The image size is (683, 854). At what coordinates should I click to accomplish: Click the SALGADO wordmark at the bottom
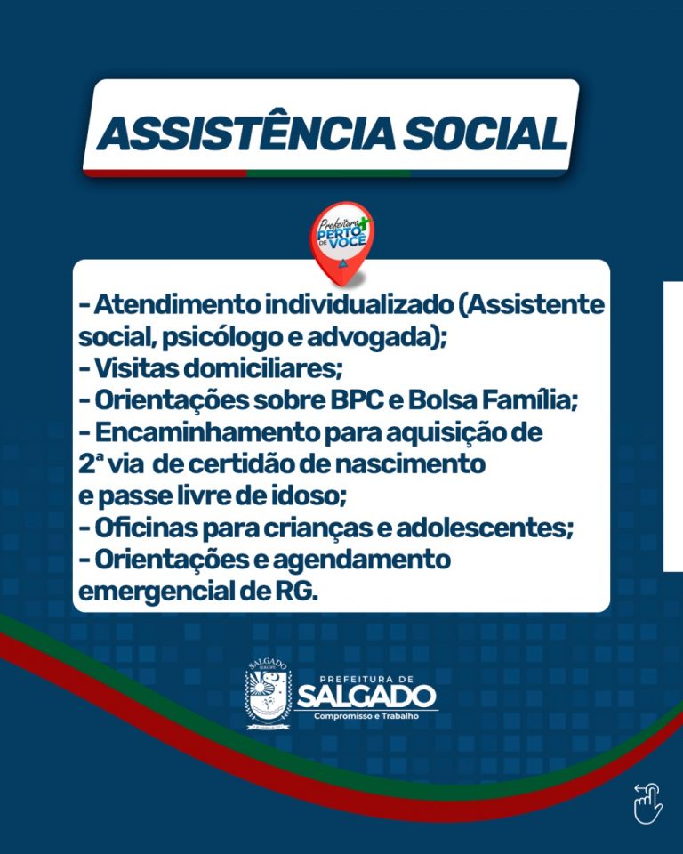pyautogui.click(x=366, y=697)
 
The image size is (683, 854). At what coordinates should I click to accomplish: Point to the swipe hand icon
pyautogui.click(x=648, y=803)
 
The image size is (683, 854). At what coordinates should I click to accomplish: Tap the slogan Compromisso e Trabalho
pyautogui.click(x=366, y=715)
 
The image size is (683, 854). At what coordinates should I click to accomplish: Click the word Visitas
pyautogui.click(x=136, y=368)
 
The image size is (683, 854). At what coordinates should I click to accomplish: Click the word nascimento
pyautogui.click(x=410, y=464)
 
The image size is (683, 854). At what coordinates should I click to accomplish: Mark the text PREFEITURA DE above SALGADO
pyautogui.click(x=366, y=679)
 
